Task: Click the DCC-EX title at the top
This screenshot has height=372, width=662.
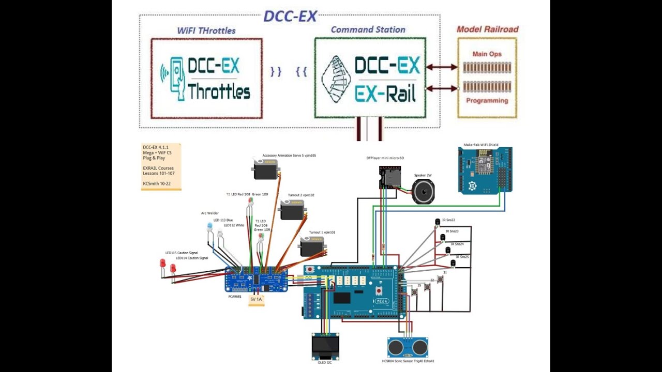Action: click(290, 16)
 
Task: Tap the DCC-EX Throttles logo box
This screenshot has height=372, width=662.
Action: click(206, 78)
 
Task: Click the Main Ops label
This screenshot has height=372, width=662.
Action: click(487, 54)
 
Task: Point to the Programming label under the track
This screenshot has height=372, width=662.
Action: click(487, 101)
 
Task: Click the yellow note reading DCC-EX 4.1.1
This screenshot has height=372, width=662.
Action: click(161, 167)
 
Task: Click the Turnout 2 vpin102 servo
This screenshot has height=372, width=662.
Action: click(293, 209)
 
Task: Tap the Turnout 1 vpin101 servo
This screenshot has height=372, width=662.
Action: click(312, 246)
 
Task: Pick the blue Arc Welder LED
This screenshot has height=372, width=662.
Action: click(209, 227)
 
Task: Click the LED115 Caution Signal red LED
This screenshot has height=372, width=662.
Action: click(162, 263)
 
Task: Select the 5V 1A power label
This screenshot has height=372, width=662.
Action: click(257, 300)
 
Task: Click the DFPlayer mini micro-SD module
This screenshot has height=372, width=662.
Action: click(389, 177)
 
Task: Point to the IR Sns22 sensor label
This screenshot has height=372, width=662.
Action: click(448, 220)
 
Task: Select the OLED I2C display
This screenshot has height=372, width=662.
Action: click(325, 345)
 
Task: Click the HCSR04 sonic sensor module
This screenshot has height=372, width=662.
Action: click(408, 347)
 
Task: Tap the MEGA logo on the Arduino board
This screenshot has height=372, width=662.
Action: click(381, 301)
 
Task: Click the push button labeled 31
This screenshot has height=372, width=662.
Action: click(440, 280)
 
